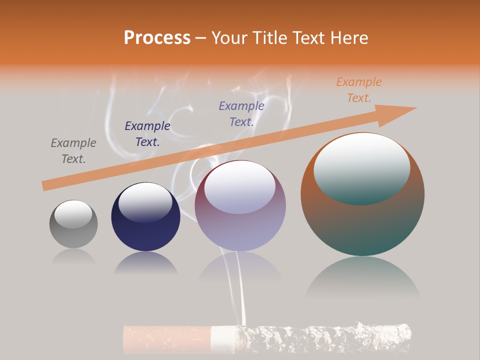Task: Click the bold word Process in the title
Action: (x=157, y=38)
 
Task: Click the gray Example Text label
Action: (x=73, y=150)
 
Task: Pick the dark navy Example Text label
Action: (x=147, y=133)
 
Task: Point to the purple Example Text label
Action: (x=241, y=113)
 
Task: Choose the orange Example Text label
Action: (x=359, y=90)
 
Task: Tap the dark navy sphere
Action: (x=145, y=230)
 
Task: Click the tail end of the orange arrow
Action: (x=44, y=186)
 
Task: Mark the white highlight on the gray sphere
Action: (x=73, y=214)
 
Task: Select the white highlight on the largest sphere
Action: (x=361, y=165)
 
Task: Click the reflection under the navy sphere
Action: (x=145, y=263)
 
